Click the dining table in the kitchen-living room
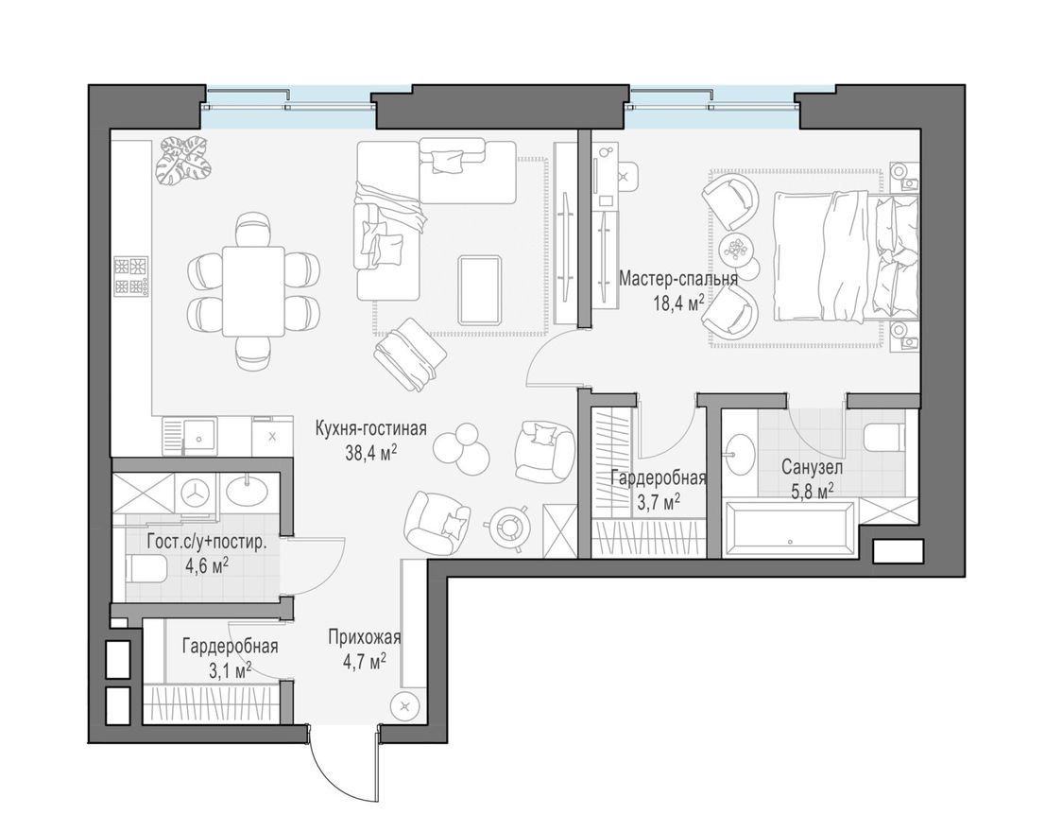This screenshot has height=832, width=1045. pos(253,291)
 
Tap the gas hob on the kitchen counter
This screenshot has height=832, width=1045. pos(130,276)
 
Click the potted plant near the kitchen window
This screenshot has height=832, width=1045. pos(184,160)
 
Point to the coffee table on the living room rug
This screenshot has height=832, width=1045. pos(481,290)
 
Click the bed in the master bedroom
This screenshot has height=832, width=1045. pos(846,256)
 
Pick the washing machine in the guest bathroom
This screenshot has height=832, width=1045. pos(196,494)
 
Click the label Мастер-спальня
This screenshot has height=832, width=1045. pos(678,278)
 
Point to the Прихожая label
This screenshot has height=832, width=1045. pos(364,638)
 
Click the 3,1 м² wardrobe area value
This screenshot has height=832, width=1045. pos(230,669)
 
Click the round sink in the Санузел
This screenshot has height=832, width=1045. pos(739,455)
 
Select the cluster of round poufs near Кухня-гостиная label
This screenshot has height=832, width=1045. pos(462,449)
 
